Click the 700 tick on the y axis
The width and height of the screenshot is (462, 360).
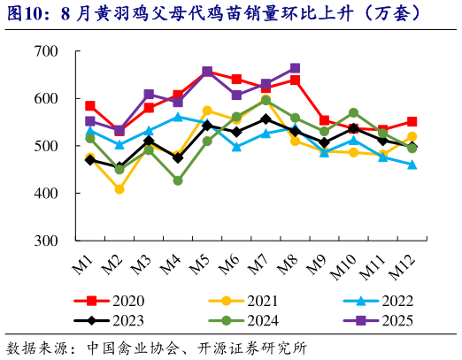coord(45,51)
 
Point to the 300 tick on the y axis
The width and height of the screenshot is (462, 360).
coord(45,241)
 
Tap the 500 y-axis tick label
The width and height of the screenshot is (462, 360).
coord(45,146)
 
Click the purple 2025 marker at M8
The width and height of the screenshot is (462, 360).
coord(295,68)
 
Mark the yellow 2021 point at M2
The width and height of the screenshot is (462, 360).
coord(119,188)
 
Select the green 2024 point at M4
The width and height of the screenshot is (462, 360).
coord(178,180)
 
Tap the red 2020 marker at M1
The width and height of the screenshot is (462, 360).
coord(90,106)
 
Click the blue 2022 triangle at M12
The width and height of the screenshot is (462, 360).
coord(412,165)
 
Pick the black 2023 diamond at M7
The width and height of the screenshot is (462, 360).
coord(266,119)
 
